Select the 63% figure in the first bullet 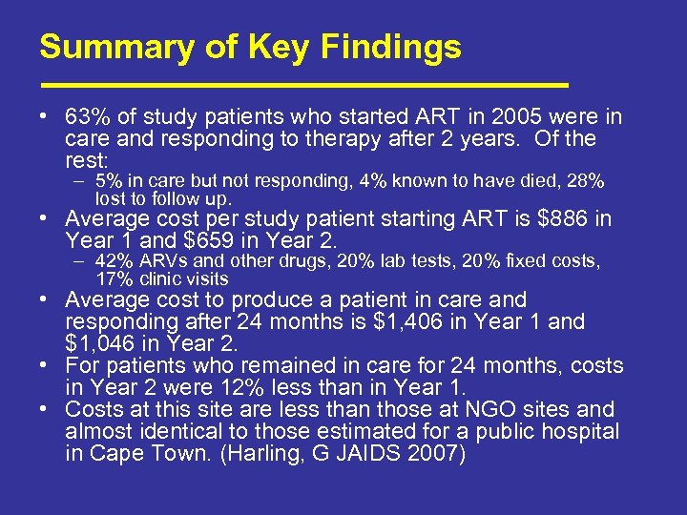[86, 117]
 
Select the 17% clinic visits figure [113, 279]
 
